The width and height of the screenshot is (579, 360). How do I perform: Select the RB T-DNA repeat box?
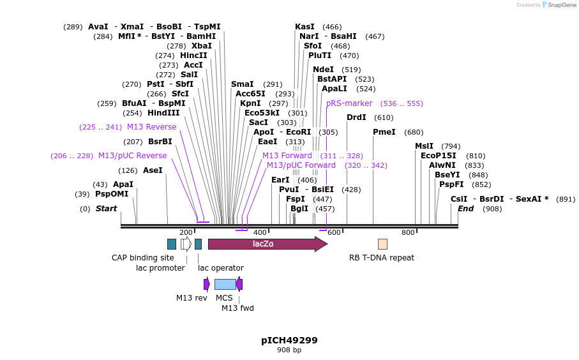point(382,244)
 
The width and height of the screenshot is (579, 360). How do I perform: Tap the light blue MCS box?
point(225,284)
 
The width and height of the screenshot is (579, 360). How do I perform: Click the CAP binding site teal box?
point(171,244)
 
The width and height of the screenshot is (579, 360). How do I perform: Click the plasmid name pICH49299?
point(289,340)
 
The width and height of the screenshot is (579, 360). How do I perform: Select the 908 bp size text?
point(289,350)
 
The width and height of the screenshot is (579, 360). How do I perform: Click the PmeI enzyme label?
point(384,132)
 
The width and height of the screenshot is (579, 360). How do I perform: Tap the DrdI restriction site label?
point(356,117)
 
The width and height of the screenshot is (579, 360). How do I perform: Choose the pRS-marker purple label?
point(349,103)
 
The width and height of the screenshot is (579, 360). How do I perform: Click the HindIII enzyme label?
point(163,113)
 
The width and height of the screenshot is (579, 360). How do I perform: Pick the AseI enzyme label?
point(153,170)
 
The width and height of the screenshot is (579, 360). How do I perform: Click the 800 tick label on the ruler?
point(408,232)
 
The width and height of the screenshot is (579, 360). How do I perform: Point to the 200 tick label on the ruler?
point(186,232)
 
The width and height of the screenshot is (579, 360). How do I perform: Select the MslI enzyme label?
point(424,146)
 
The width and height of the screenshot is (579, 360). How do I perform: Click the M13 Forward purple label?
point(287,156)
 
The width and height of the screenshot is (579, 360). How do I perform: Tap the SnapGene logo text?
point(559,5)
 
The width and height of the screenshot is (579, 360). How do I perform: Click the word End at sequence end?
point(465,209)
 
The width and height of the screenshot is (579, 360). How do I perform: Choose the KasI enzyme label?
point(305,27)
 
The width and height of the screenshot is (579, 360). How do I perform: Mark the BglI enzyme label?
point(299,209)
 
